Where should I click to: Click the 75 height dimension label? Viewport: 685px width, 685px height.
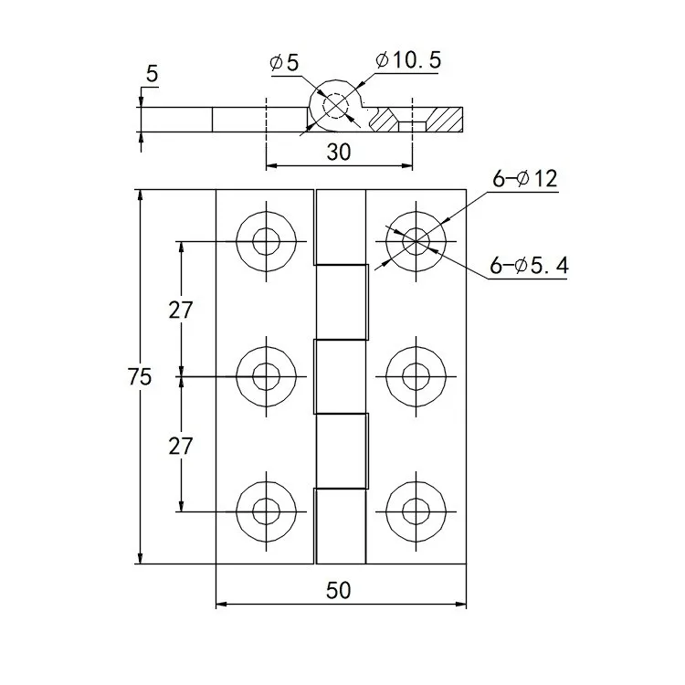(x=140, y=376)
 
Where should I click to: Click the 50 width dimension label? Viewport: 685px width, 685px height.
(x=338, y=590)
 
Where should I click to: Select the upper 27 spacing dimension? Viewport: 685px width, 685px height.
(x=181, y=310)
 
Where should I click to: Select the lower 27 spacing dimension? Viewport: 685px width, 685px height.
(x=181, y=446)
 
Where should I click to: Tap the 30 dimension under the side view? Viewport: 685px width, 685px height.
(x=338, y=153)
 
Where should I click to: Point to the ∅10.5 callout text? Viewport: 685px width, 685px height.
(x=408, y=60)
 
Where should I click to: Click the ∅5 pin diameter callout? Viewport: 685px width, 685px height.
(x=285, y=62)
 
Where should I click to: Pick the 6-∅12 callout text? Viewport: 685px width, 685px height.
(x=524, y=179)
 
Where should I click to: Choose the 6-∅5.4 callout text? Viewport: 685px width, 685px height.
(x=529, y=267)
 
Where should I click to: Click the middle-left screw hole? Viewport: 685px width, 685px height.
(x=267, y=375)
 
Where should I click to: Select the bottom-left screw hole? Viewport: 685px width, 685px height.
(x=267, y=510)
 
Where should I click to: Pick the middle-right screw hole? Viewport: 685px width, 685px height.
(x=416, y=375)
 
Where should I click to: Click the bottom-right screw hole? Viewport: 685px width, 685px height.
(x=416, y=510)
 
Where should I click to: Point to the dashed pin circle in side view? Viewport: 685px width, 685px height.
(x=335, y=107)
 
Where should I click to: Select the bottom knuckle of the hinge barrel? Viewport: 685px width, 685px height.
(x=340, y=526)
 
